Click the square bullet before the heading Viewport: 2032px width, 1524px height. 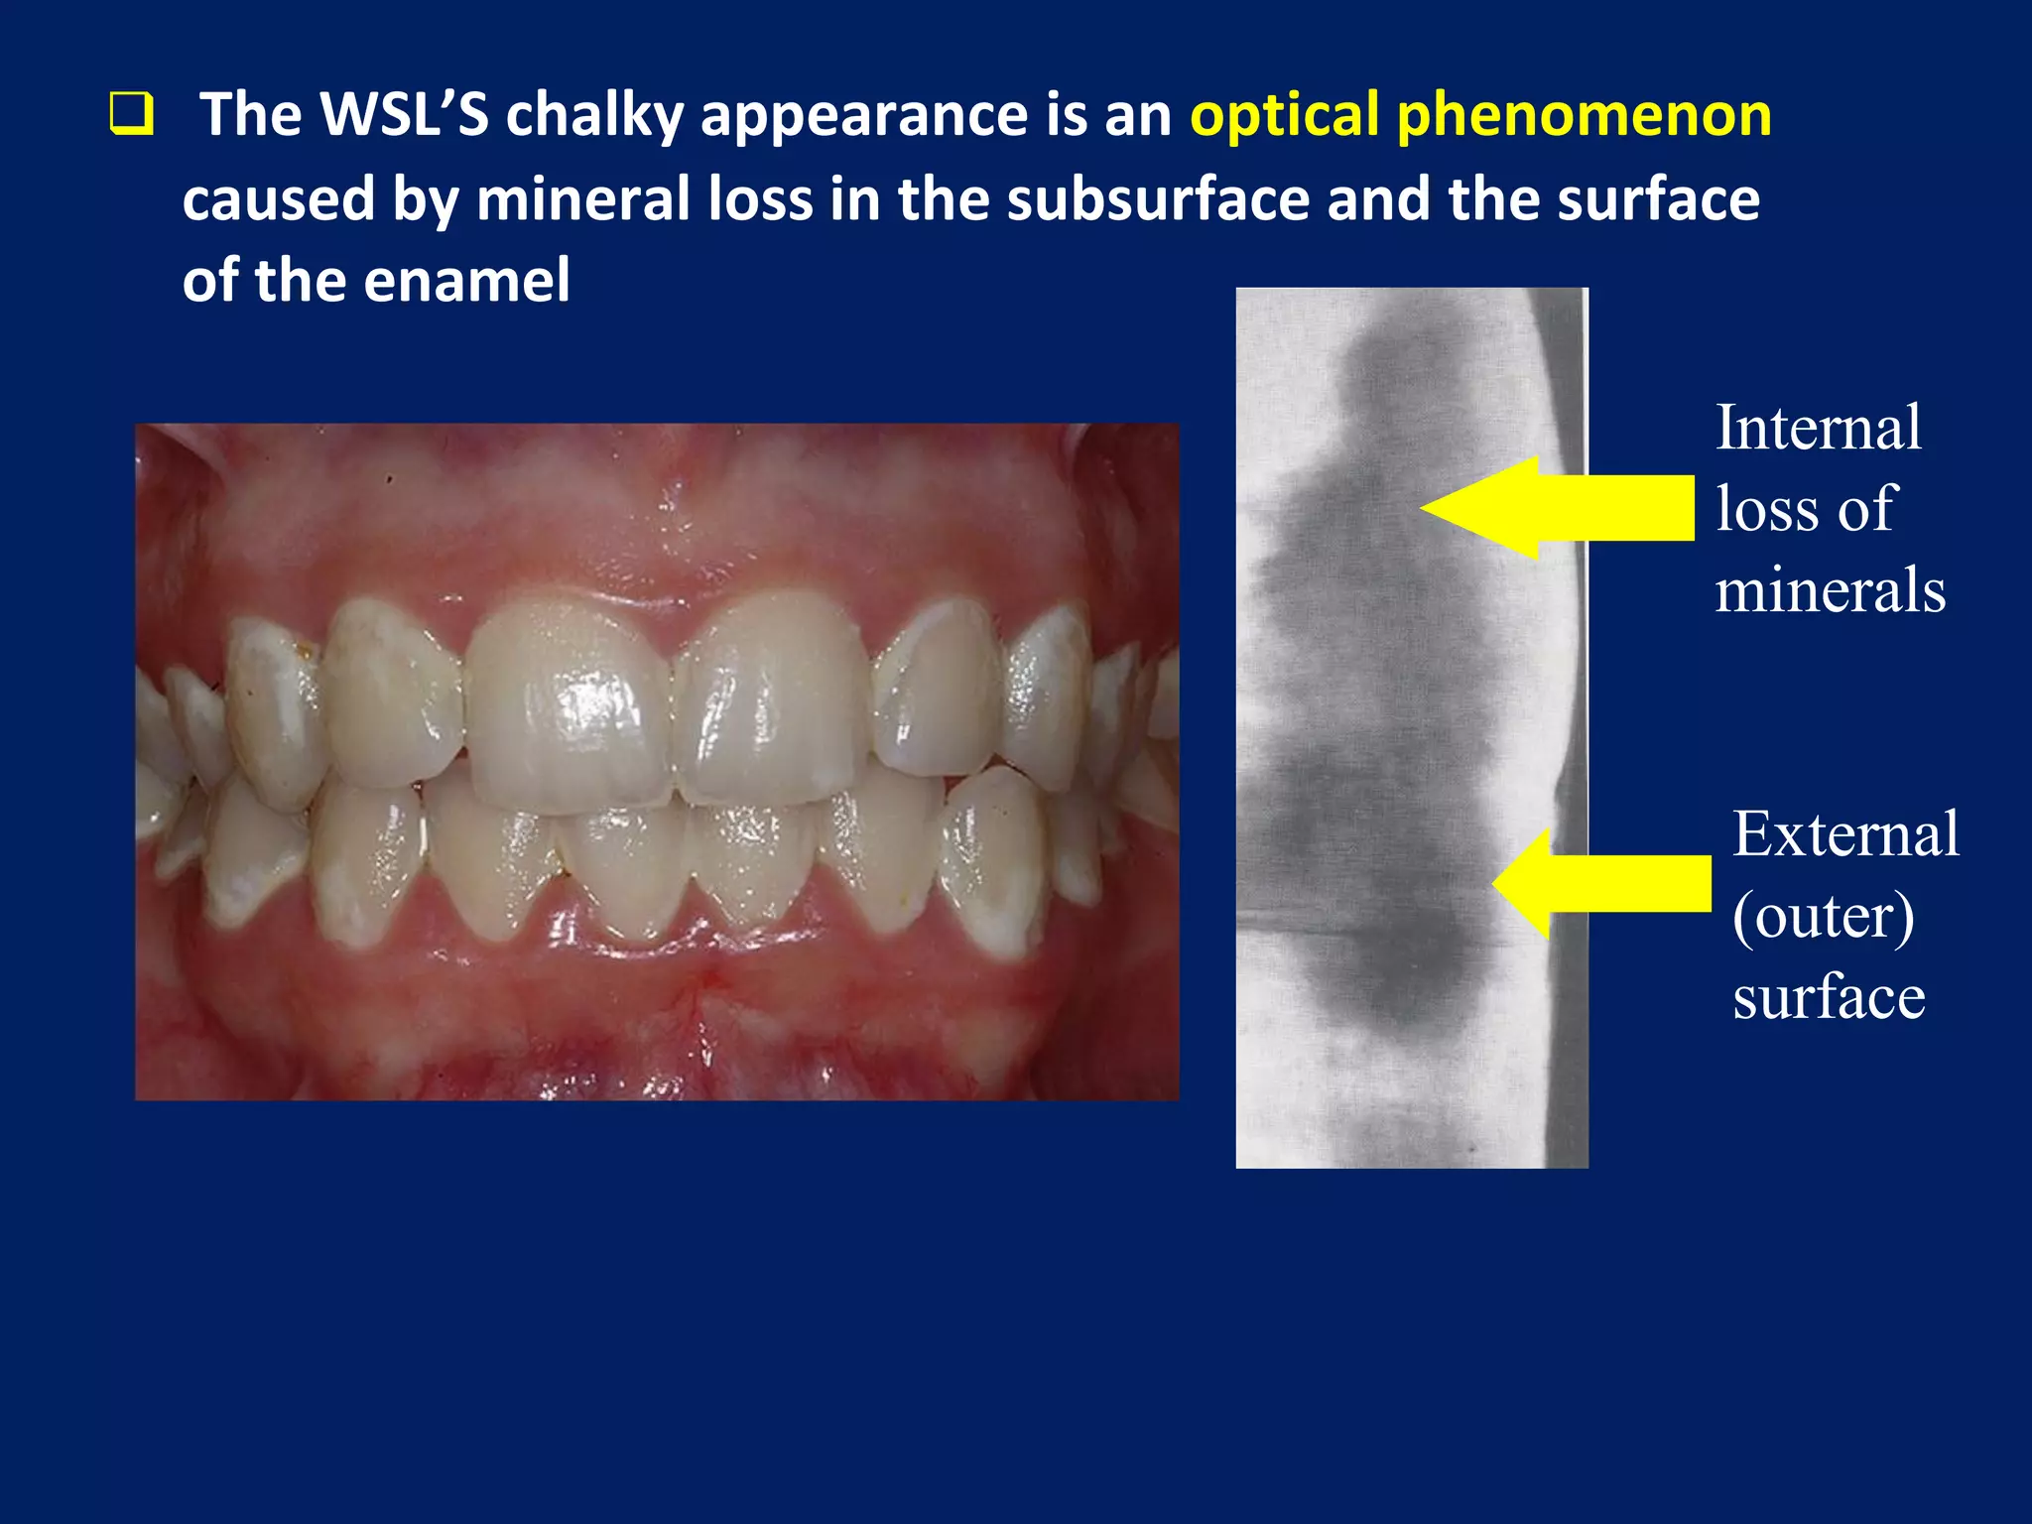(131, 114)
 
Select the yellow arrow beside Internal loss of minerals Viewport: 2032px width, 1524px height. (1558, 508)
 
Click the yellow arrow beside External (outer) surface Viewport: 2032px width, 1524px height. (1601, 883)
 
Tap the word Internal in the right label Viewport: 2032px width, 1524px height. (1818, 428)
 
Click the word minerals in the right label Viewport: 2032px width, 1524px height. (1830, 590)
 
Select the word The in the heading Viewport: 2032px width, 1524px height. (250, 114)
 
